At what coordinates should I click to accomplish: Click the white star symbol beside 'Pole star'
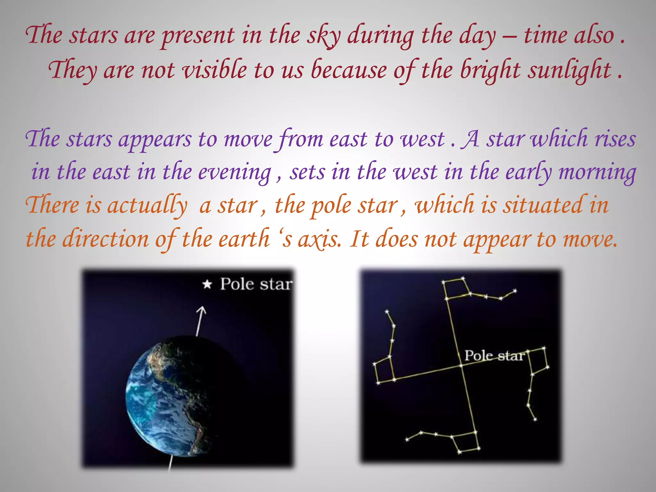pyautogui.click(x=207, y=284)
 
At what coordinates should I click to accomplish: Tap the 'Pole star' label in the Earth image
pyautogui.click(x=256, y=284)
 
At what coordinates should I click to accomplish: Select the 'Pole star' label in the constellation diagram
pyautogui.click(x=494, y=356)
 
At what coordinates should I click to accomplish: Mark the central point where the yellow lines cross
pyautogui.click(x=461, y=365)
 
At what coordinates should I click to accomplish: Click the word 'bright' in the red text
pyautogui.click(x=490, y=70)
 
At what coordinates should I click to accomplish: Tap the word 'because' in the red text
pyautogui.click(x=349, y=70)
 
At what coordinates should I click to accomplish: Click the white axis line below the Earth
pyautogui.click(x=170, y=463)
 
